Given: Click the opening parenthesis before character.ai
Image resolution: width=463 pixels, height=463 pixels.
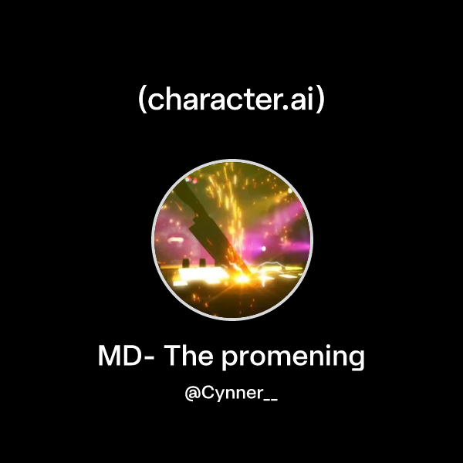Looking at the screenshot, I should tap(143, 101).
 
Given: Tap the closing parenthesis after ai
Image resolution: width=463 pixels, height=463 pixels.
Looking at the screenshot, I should tap(320, 101).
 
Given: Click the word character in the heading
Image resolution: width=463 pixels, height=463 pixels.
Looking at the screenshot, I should tap(214, 101).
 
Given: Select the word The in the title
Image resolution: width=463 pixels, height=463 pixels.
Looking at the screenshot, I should tap(189, 357).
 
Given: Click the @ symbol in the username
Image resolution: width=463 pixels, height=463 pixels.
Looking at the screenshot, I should tap(193, 394).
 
